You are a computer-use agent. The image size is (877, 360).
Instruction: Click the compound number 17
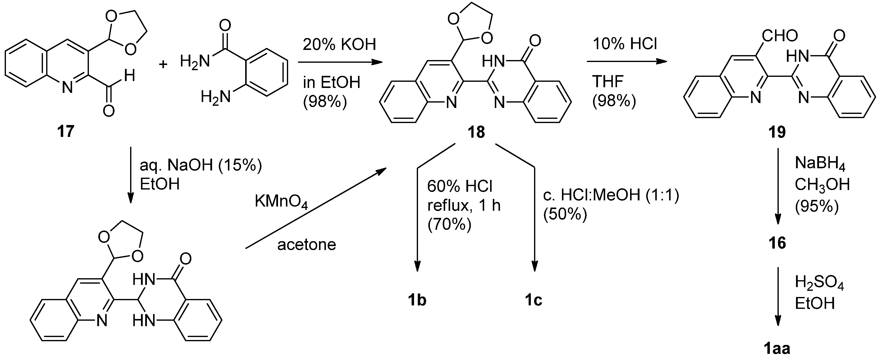(66, 131)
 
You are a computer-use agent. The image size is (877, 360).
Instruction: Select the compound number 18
(476, 132)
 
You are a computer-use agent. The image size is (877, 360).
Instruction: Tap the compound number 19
(777, 132)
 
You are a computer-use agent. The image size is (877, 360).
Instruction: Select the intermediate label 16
(777, 243)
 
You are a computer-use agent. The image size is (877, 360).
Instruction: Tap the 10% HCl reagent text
(625, 44)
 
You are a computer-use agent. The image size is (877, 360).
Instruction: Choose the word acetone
(306, 245)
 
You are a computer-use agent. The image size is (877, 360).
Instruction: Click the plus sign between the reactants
(163, 64)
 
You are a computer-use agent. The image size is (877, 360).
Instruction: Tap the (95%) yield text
(817, 206)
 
